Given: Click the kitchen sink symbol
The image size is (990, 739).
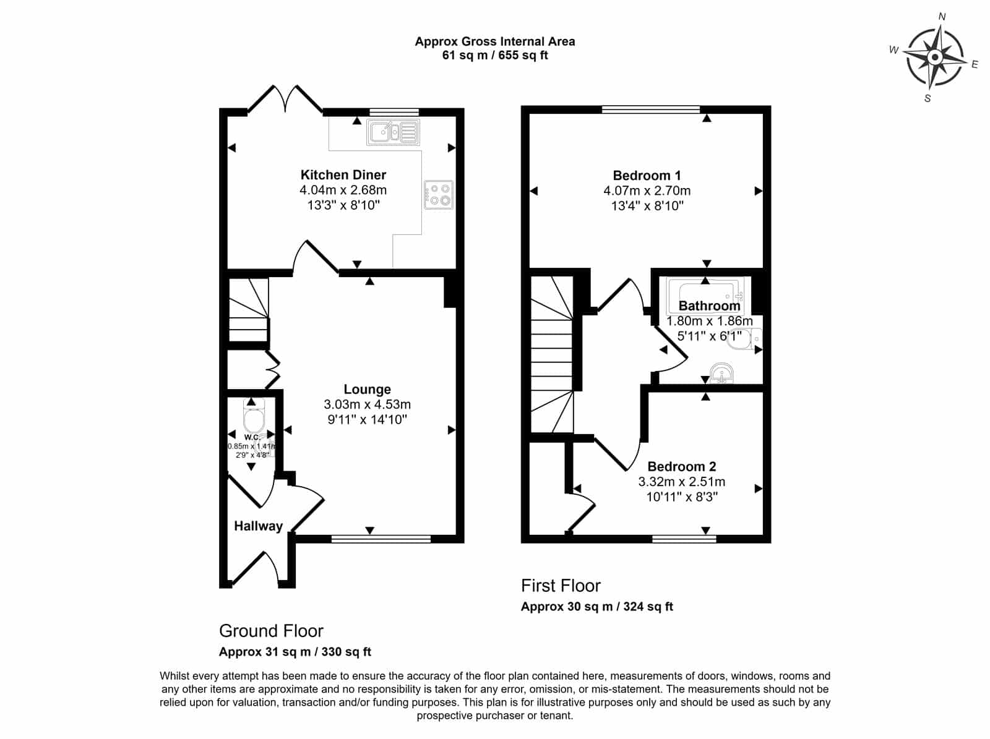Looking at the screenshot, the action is (x=394, y=132).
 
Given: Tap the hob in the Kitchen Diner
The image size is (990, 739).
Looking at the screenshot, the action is (x=439, y=195).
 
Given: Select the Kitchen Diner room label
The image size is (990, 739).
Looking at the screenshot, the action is (x=343, y=175).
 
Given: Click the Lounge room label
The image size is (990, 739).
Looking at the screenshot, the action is (x=367, y=390).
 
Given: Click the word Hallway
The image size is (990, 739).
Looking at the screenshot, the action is (x=259, y=526).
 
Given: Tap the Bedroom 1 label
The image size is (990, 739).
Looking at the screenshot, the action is (x=647, y=175).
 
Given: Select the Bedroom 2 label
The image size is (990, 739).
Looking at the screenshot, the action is (x=681, y=466).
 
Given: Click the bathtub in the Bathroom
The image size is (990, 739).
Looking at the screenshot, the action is (x=705, y=296).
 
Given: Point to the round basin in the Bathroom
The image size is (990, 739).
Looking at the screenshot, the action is (x=721, y=374).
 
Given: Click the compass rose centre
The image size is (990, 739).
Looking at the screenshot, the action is (x=935, y=58).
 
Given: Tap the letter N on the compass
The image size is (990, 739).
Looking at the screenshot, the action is (x=942, y=17).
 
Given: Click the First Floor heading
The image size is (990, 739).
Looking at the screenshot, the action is (x=561, y=586).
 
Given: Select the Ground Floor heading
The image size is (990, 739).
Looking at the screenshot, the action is (x=271, y=631).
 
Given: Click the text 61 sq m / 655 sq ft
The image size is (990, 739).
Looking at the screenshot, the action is (x=495, y=56).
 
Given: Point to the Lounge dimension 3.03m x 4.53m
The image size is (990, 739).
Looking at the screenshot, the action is (x=367, y=404).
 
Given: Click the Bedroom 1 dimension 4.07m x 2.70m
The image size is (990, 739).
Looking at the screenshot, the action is (x=647, y=190).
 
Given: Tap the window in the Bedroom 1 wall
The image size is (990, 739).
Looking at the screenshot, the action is (x=651, y=109).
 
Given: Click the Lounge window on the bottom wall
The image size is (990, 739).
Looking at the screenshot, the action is (x=381, y=539).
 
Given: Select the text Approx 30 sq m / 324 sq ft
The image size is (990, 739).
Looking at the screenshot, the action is (x=596, y=607).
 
